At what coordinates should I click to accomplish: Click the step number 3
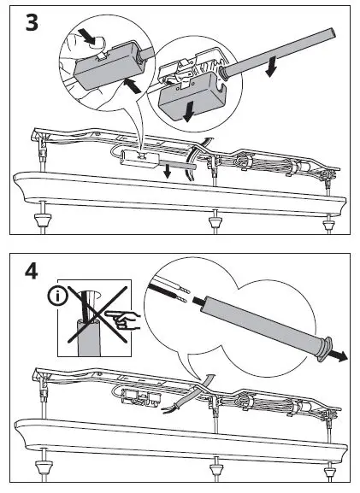pyautogui.click(x=32, y=22)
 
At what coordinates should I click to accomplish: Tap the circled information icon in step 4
pyautogui.click(x=57, y=296)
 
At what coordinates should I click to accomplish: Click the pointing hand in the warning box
pyautogui.click(x=123, y=320)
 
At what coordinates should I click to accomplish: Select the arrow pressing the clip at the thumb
pyautogui.click(x=87, y=36)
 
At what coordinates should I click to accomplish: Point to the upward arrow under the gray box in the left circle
pyautogui.click(x=132, y=85)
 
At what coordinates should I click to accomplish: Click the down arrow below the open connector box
pyautogui.click(x=189, y=112)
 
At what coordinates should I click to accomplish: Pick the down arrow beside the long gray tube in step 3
pyautogui.click(x=271, y=67)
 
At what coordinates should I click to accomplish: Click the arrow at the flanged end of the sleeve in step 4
pyautogui.click(x=339, y=356)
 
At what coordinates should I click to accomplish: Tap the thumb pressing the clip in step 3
pyautogui.click(x=97, y=42)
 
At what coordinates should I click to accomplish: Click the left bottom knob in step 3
pyautogui.click(x=43, y=220)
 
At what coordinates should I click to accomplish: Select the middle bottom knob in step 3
pyautogui.click(x=215, y=223)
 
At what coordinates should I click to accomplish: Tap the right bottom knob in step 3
pyautogui.click(x=329, y=226)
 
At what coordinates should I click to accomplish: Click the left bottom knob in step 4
pyautogui.click(x=43, y=467)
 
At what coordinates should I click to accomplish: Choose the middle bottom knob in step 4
pyautogui.click(x=215, y=469)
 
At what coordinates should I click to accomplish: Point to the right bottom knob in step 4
pyautogui.click(x=329, y=472)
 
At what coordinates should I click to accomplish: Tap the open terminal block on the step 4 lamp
pyautogui.click(x=141, y=397)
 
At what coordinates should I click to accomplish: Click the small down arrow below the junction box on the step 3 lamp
pyautogui.click(x=167, y=172)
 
